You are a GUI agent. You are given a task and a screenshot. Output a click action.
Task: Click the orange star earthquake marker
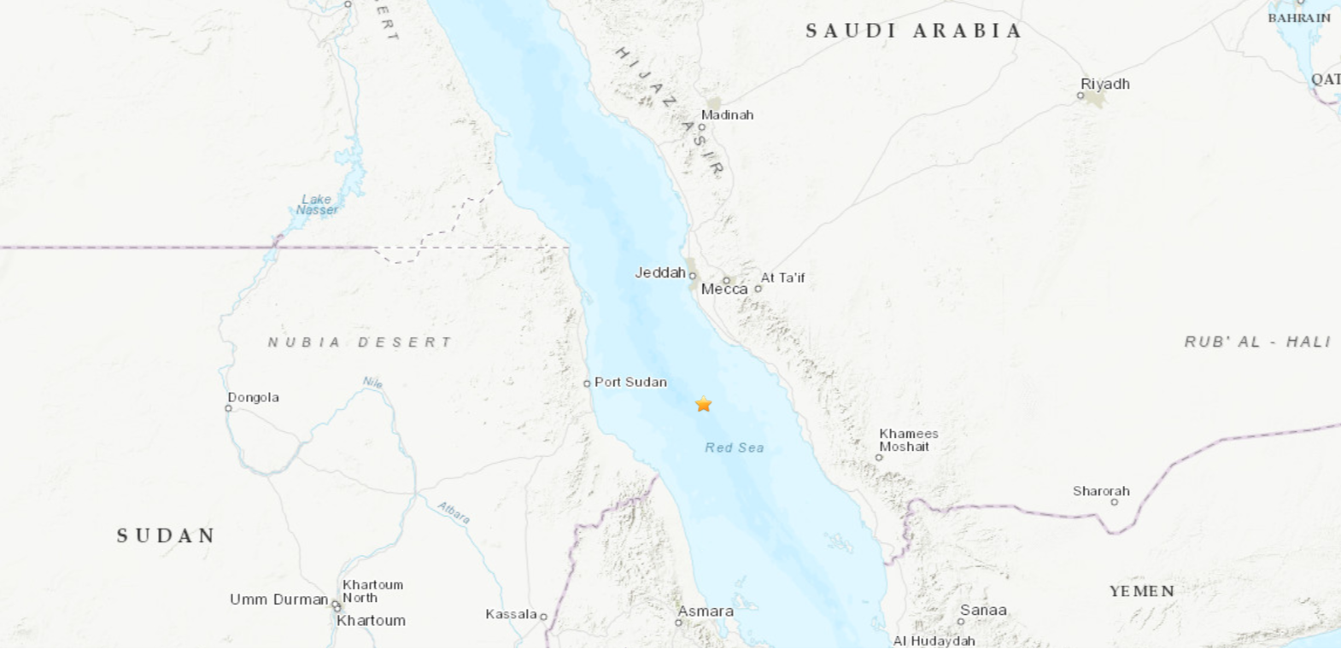(703, 404)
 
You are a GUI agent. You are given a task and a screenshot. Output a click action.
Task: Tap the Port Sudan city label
(630, 382)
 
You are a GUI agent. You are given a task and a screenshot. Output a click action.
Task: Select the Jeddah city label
(660, 272)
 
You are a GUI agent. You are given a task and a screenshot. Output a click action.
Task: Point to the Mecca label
(724, 289)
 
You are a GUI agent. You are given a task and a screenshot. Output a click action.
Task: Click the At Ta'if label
(782, 278)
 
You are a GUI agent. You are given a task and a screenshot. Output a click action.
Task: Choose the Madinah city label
(727, 114)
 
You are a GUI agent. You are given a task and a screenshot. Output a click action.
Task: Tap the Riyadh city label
(1104, 84)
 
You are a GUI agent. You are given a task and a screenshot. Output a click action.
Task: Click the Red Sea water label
(734, 447)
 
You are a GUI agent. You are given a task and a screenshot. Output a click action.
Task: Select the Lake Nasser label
(317, 204)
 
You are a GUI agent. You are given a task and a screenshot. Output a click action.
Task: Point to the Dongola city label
(253, 397)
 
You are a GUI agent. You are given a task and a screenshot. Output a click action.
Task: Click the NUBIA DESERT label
(360, 342)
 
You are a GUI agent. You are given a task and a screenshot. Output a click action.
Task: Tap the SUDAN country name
(167, 535)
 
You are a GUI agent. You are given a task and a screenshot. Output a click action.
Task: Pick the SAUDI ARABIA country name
(914, 31)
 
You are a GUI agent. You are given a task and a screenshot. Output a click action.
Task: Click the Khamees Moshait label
(908, 440)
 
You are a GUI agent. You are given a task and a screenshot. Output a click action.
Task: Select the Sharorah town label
(1101, 491)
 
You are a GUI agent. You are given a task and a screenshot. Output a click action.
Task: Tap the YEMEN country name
(1141, 591)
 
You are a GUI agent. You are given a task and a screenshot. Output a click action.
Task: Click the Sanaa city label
(983, 610)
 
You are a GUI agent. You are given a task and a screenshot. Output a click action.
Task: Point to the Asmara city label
(706, 611)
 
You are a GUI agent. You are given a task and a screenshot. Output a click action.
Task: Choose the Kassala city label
(511, 614)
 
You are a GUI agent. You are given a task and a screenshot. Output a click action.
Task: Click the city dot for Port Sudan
(587, 383)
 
